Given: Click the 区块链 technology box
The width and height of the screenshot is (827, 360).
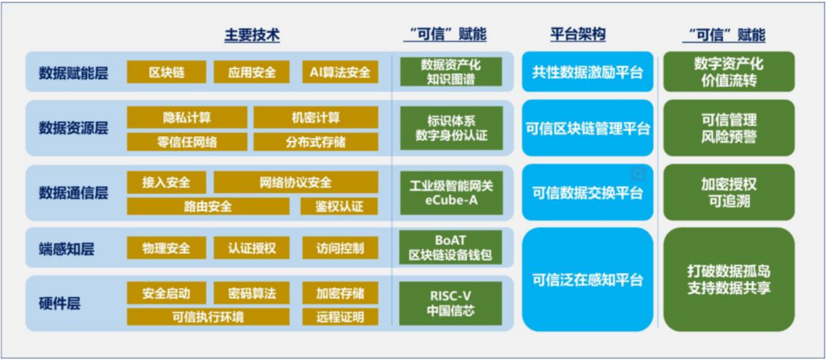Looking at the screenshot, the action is coord(166,72).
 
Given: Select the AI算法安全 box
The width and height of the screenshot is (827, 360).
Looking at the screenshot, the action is coord(339,72).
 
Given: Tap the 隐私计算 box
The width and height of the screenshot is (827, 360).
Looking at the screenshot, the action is coord(187,117).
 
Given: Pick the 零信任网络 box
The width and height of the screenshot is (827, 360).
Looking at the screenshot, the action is coord(187,141).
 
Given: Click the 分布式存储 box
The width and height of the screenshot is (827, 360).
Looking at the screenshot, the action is coord(315,141).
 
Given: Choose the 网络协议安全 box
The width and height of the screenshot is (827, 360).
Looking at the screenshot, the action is coord(296,182).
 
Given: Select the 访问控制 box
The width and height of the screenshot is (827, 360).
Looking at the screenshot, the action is coord(339,247).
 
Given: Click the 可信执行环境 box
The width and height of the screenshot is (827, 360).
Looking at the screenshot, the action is coord(208,316).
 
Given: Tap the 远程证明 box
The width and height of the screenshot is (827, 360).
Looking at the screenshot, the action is coord(339,316).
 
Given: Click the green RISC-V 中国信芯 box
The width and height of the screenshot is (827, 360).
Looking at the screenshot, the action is coord(450,303).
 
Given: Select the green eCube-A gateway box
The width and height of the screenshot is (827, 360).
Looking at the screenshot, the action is coord(450,191).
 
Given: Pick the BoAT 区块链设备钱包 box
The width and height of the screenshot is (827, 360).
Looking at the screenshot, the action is coord(450,247).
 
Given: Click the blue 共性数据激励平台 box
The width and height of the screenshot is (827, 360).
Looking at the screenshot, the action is coord(587,73).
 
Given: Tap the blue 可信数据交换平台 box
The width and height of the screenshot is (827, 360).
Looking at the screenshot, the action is coord(587,192).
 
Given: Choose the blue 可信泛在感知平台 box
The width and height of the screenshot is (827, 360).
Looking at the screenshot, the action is coord(587,280).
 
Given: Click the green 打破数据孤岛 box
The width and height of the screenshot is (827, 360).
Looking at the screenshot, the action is coord(729,280).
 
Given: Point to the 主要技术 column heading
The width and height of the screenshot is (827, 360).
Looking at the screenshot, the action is coord(252,35).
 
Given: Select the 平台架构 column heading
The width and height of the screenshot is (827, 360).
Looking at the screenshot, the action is coord(578,35).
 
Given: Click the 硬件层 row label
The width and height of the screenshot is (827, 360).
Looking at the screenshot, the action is coord(60,303).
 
